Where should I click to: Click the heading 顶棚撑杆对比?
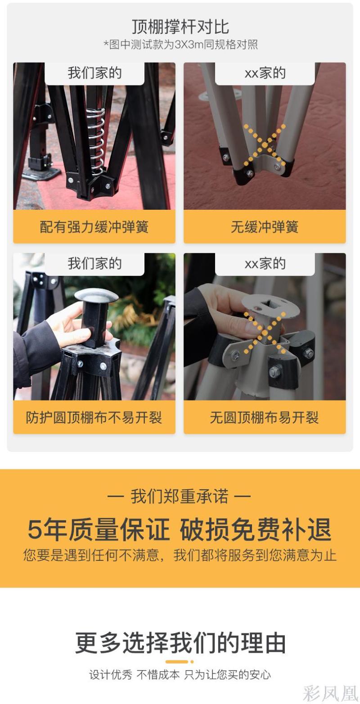180,27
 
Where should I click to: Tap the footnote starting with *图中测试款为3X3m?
180,44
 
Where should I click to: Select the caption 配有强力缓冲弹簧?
94,226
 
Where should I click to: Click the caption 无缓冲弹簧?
265,226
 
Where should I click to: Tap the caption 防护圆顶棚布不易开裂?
94,417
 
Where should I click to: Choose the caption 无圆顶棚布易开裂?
265,417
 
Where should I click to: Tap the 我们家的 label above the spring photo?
94,73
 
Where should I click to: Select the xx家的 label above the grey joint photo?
265,73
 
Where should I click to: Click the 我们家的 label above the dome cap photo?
94,263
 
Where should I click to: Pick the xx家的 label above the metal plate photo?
265,263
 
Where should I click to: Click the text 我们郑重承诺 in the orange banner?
180,496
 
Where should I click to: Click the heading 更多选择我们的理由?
180,642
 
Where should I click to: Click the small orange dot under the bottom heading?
192,662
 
